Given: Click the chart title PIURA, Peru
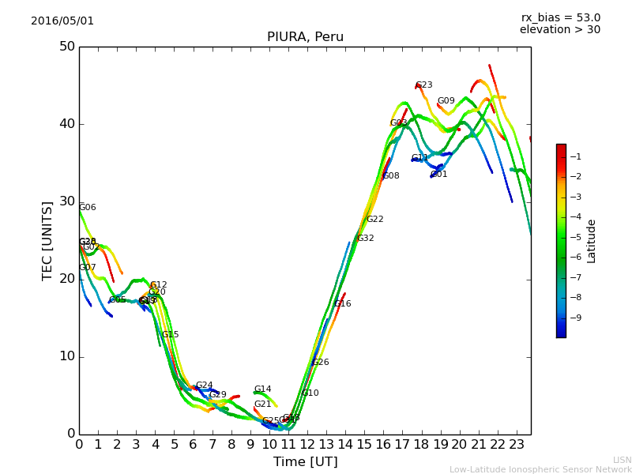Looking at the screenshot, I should point(305,37).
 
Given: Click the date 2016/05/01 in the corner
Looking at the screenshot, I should point(62,21).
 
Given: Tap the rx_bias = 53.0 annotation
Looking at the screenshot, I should point(560,18).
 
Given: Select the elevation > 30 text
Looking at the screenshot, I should point(560,30).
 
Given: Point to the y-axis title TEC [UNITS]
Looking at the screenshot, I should point(47,240).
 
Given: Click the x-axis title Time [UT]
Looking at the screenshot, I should point(305,462).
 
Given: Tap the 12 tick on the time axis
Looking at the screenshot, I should point(307,445).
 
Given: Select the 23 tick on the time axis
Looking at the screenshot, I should point(517,445).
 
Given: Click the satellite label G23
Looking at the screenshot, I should point(424,85).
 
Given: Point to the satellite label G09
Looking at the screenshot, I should point(446,101).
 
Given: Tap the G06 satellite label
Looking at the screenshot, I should point(88,208).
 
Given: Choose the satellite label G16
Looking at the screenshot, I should point(343,304).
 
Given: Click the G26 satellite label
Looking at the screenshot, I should point(321,363).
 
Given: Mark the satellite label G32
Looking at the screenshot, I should point(366,239).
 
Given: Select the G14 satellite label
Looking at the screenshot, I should point(263,389).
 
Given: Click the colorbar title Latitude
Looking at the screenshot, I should point(592,241).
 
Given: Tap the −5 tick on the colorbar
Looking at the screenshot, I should point(577,237).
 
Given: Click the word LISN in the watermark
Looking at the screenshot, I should point(623,460).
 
